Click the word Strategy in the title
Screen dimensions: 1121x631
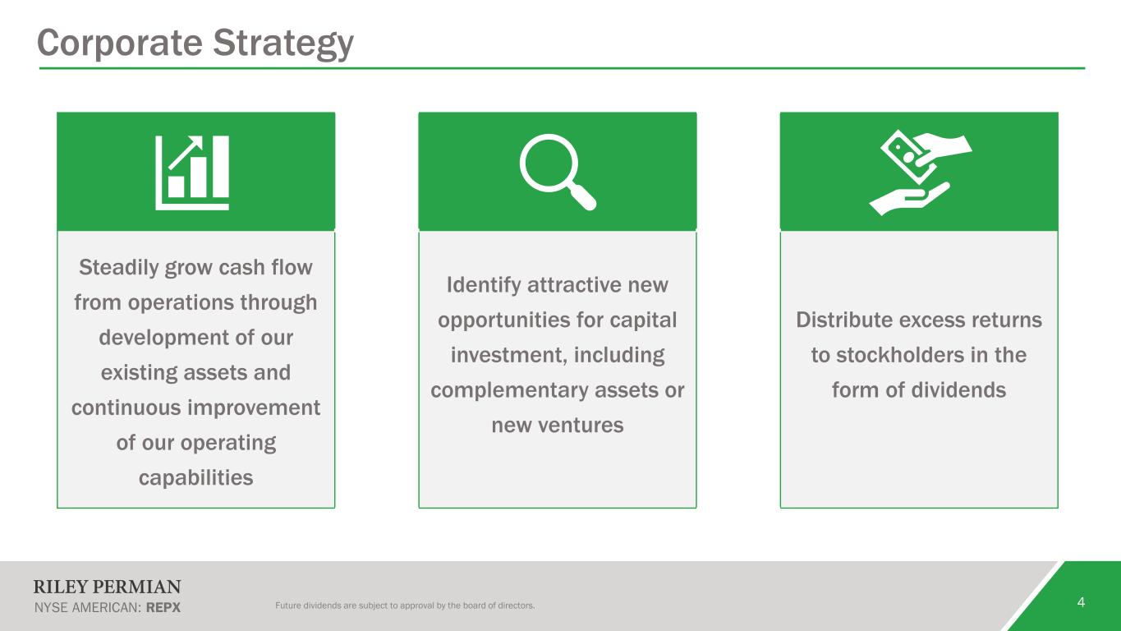[x=283, y=44]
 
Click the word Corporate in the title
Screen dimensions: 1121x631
[x=120, y=43]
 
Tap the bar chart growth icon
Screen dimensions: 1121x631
[x=192, y=173]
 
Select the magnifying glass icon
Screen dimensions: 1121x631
[x=558, y=172]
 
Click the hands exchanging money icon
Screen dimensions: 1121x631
[x=921, y=173]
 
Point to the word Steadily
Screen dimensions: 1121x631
[x=118, y=268]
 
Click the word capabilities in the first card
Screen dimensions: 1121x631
[x=195, y=477]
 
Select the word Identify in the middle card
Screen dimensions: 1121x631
[x=484, y=285]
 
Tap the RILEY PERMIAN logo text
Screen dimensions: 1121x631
[x=107, y=587]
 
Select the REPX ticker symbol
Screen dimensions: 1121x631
[x=163, y=608]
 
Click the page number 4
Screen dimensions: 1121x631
[x=1081, y=602]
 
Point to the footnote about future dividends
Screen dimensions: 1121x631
[x=405, y=606]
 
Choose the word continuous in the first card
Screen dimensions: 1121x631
[x=126, y=408]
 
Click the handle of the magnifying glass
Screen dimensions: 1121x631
[x=582, y=197]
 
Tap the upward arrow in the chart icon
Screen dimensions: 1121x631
[x=185, y=152]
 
